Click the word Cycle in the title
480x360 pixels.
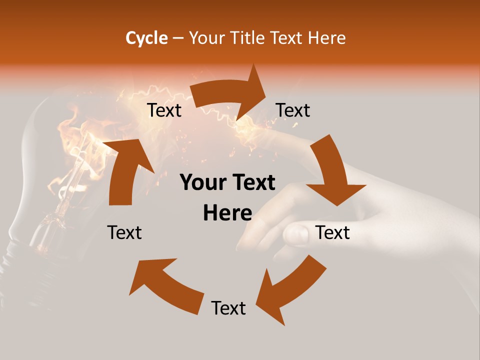click(x=146, y=38)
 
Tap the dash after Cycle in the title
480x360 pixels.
click(x=178, y=38)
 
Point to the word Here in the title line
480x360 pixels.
click(x=327, y=38)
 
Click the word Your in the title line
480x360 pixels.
click(x=206, y=38)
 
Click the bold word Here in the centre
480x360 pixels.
click(x=227, y=213)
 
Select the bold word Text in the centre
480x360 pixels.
click(x=252, y=183)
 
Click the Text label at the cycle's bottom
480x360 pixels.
click(x=228, y=308)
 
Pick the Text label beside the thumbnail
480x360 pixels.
click(x=332, y=232)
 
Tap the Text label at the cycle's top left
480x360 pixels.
click(x=164, y=110)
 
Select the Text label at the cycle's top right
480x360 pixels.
click(x=293, y=110)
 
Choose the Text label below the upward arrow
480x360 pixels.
click(x=124, y=232)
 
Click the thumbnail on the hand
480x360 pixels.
click(x=296, y=233)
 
